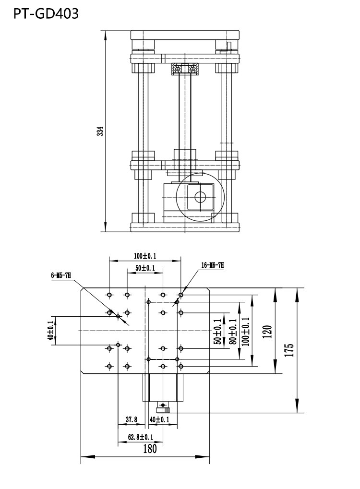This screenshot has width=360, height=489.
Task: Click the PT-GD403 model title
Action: pyautogui.click(x=46, y=14)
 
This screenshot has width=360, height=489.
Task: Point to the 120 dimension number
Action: pyautogui.click(x=268, y=332)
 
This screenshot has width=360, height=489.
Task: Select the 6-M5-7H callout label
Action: pyautogui.click(x=61, y=275)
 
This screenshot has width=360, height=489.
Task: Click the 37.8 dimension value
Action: pyautogui.click(x=132, y=419)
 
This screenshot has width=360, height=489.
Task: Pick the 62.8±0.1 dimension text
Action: pyautogui.click(x=140, y=437)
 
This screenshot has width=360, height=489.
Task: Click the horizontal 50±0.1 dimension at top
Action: pyautogui.click(x=144, y=268)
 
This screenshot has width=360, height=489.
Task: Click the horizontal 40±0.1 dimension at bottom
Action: pyautogui.click(x=159, y=419)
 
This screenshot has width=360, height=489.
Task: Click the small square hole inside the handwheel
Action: pyautogui.click(x=200, y=197)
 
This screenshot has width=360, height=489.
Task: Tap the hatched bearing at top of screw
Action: pyautogui.click(x=185, y=70)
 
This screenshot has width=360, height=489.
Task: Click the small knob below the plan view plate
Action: pyautogui.click(x=164, y=409)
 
